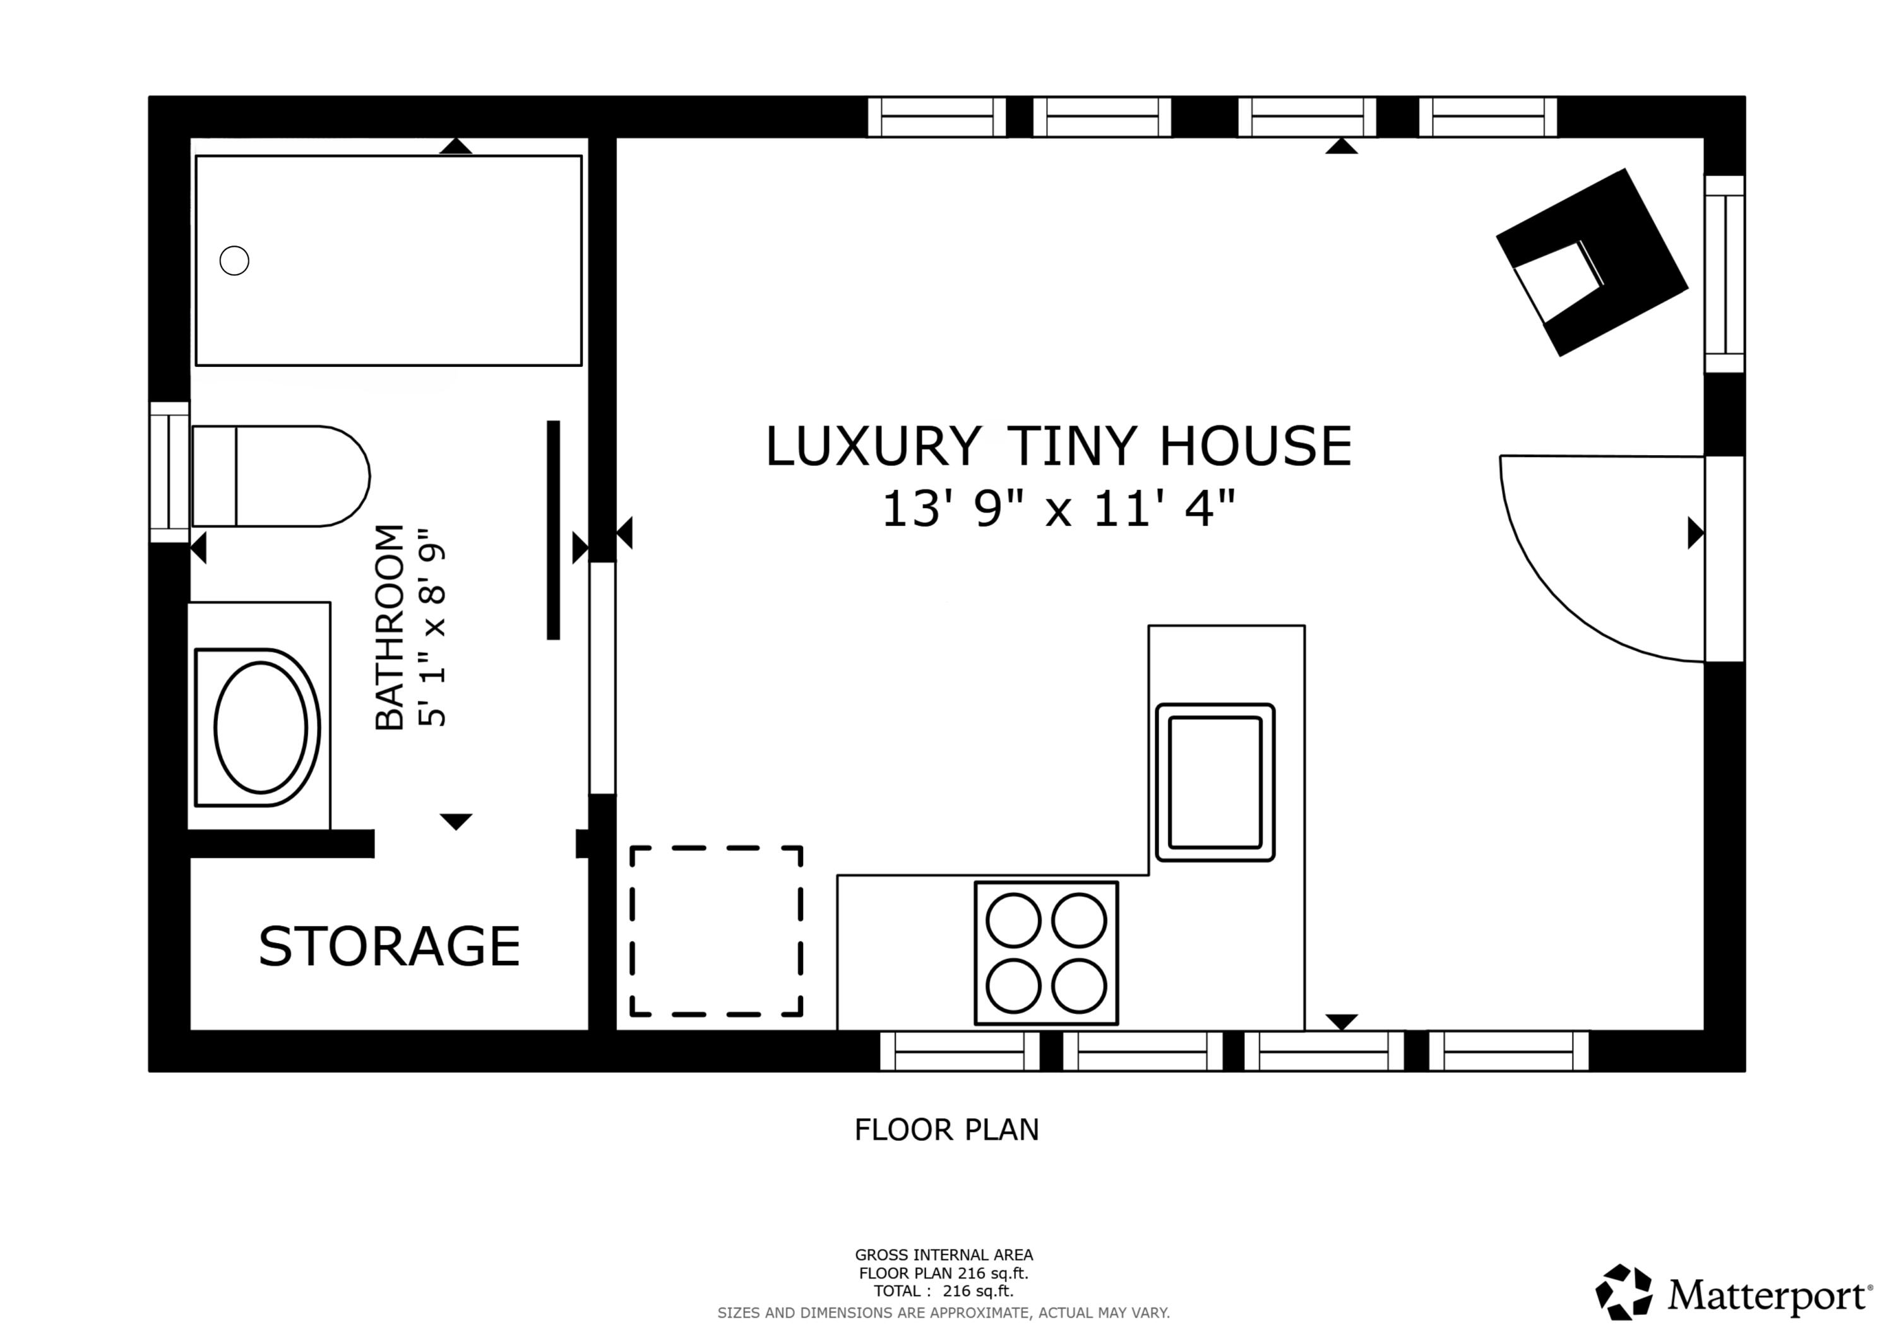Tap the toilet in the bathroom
click(280, 476)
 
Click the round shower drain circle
click(234, 261)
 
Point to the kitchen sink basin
click(1215, 782)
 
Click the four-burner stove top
click(1046, 953)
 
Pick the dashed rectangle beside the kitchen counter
click(716, 931)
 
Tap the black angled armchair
click(1592, 263)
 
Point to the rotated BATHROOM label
click(390, 627)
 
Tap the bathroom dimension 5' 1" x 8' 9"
click(433, 627)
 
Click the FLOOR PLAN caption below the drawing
click(946, 1129)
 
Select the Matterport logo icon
click(1623, 1292)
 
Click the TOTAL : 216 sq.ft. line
click(944, 1291)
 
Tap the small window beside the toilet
click(169, 472)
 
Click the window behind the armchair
click(1724, 274)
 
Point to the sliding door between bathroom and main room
click(602, 678)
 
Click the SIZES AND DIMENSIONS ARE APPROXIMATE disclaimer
click(944, 1312)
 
